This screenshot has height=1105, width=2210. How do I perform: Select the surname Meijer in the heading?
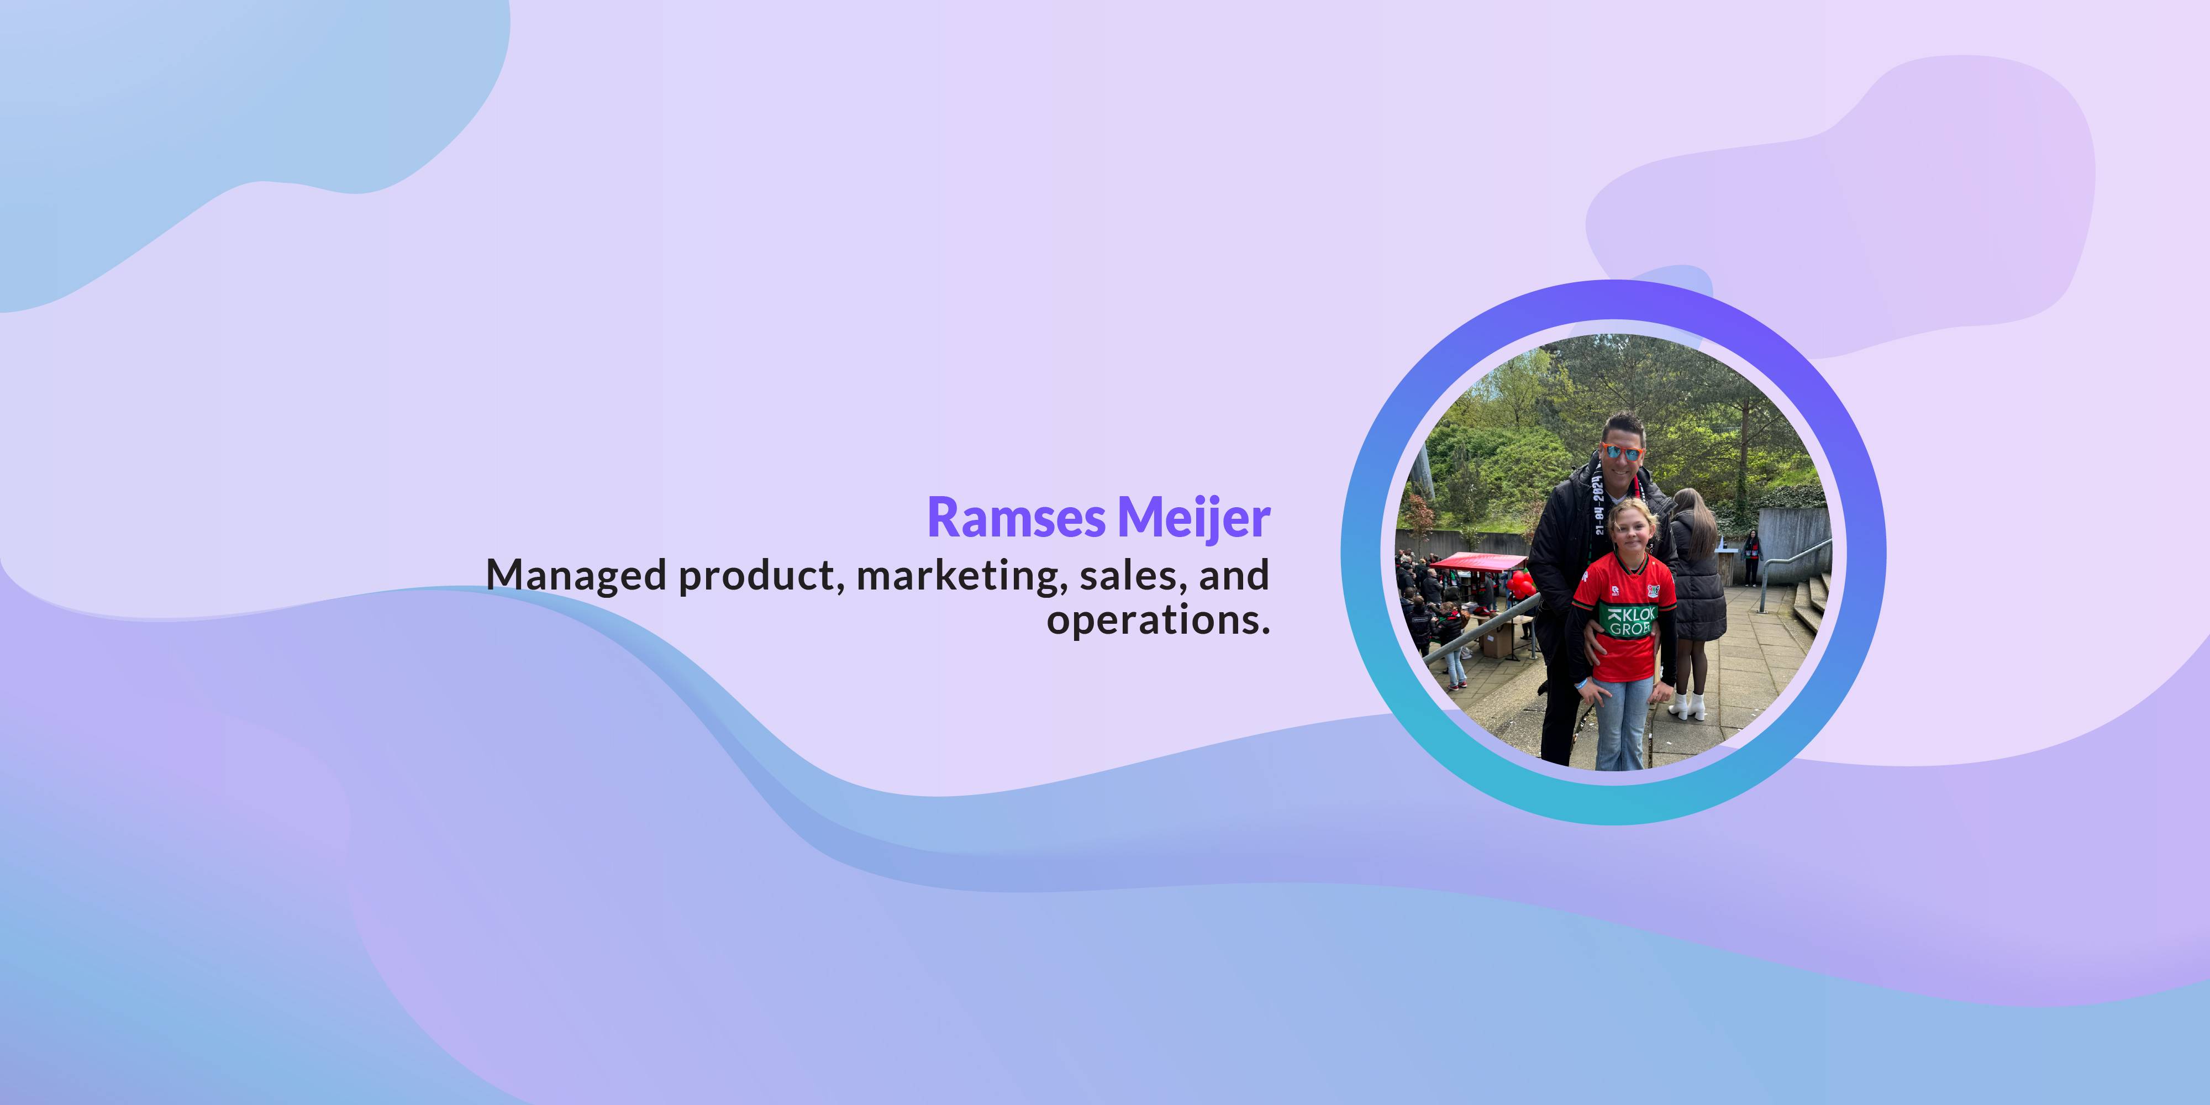click(1193, 519)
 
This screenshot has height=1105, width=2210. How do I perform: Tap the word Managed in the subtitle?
click(576, 576)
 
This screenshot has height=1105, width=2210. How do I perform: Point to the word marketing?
click(962, 576)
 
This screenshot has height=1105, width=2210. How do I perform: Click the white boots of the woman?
click(1687, 706)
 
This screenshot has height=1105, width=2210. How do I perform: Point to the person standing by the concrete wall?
click(1751, 557)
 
